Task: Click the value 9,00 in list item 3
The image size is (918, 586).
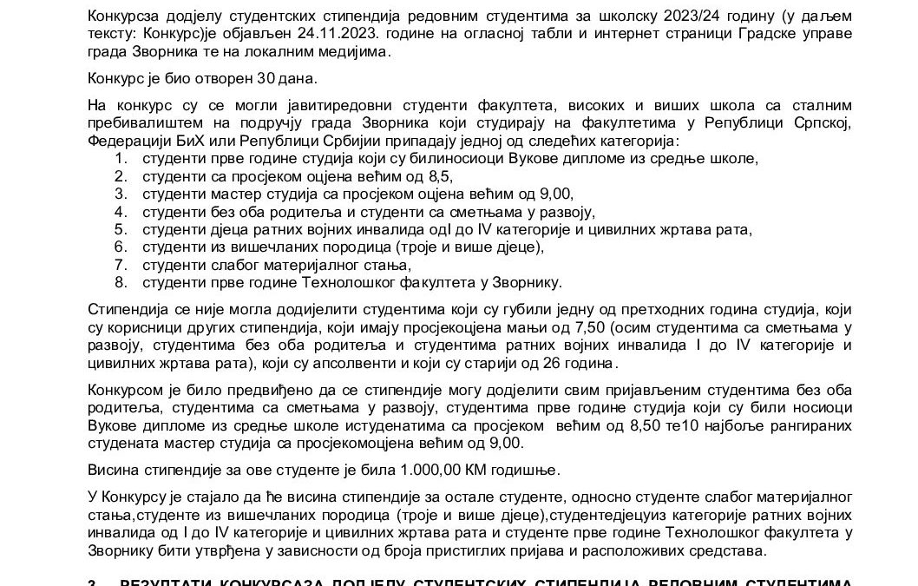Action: point(552,194)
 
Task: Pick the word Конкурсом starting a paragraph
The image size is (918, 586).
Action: point(124,390)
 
